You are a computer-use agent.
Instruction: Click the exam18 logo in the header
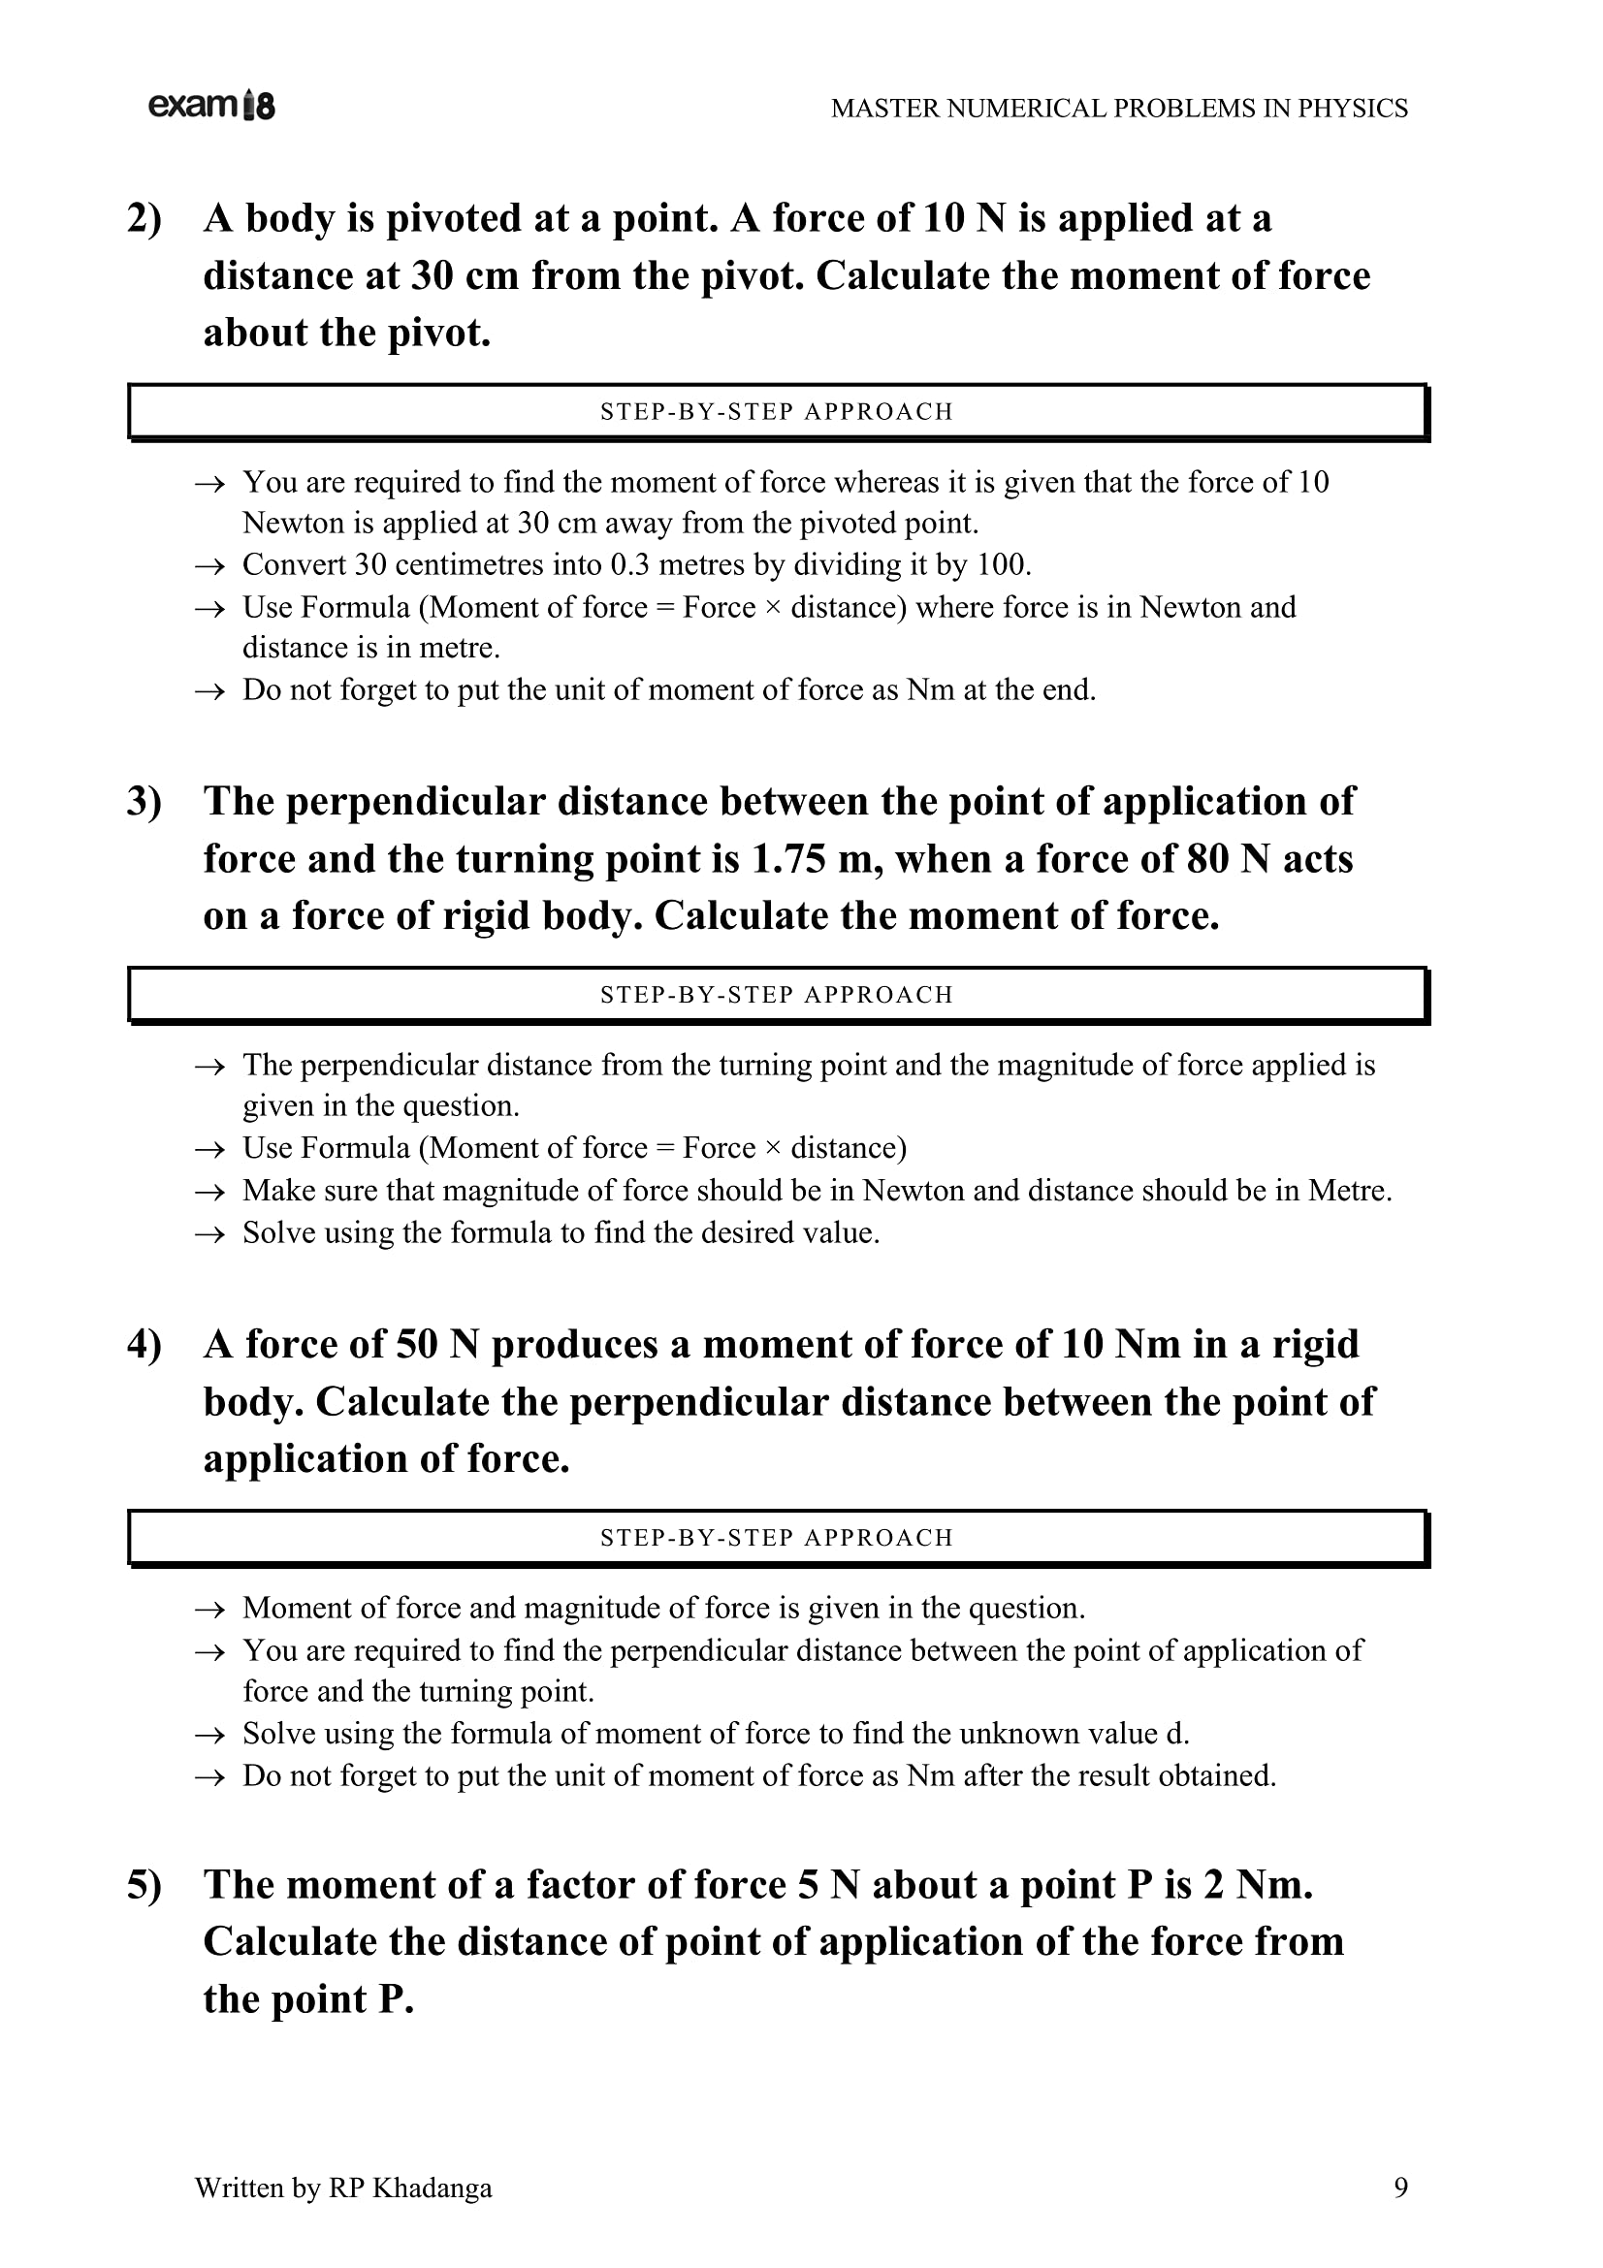pyautogui.click(x=211, y=106)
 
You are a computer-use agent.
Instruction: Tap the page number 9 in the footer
pyautogui.click(x=1400, y=2188)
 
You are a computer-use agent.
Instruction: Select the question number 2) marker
pyautogui.click(x=144, y=219)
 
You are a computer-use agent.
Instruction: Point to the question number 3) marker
pyautogui.click(x=144, y=802)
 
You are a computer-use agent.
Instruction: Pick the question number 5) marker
pyautogui.click(x=144, y=1886)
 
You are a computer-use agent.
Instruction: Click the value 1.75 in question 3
pyautogui.click(x=787, y=859)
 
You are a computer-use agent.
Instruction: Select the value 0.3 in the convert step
pyautogui.click(x=630, y=565)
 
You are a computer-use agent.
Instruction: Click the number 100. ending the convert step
pyautogui.click(x=1005, y=565)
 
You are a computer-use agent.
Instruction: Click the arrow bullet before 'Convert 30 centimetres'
pyautogui.click(x=209, y=567)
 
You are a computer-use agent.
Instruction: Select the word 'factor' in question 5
pyautogui.click(x=580, y=1886)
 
